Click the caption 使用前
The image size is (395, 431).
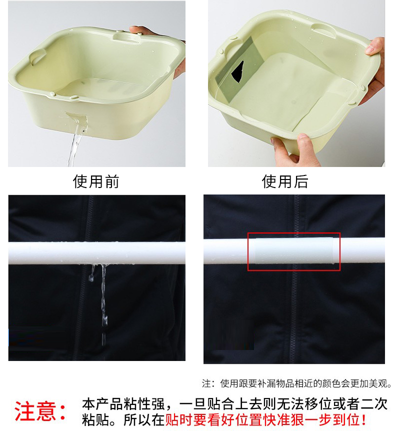click(x=96, y=181)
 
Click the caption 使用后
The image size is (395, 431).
click(x=285, y=181)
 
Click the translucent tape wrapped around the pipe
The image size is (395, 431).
click(x=293, y=251)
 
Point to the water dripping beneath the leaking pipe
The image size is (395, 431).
click(x=102, y=295)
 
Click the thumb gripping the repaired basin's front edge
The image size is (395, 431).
click(x=304, y=143)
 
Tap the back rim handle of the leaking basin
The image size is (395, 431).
click(x=125, y=36)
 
